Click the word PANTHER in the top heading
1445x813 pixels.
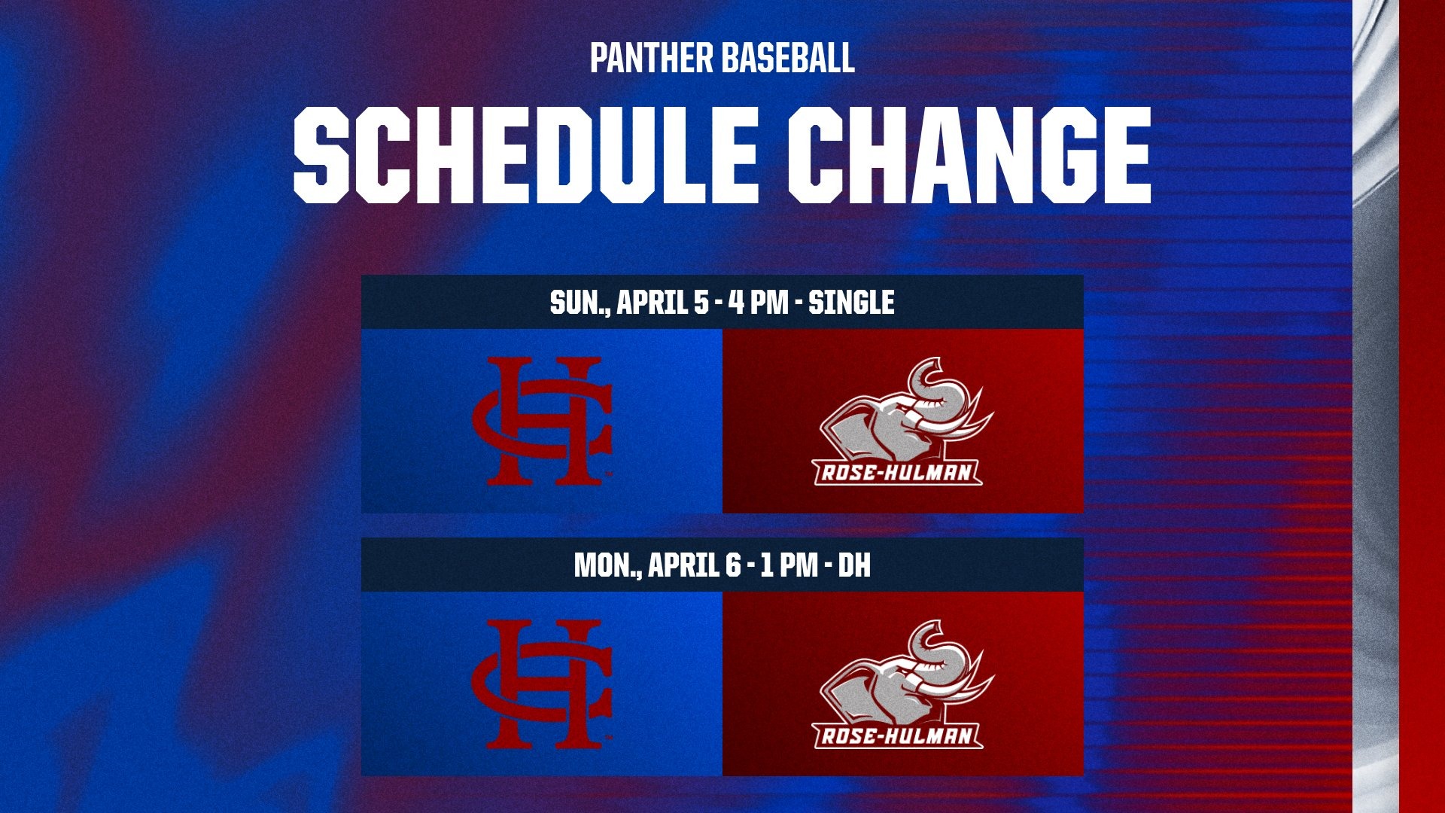(x=650, y=58)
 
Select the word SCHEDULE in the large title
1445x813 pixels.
(x=525, y=154)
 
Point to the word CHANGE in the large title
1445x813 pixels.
(x=970, y=154)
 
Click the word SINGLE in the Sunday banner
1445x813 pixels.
(x=851, y=303)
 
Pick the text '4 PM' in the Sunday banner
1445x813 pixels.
(x=759, y=303)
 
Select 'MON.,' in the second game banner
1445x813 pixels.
(x=607, y=566)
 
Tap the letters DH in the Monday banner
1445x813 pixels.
(x=854, y=565)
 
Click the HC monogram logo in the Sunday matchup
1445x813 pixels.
(x=542, y=421)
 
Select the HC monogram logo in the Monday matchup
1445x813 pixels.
(x=542, y=684)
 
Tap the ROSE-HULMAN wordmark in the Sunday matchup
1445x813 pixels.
(x=899, y=473)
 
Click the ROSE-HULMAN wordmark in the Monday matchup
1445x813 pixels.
(x=899, y=735)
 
